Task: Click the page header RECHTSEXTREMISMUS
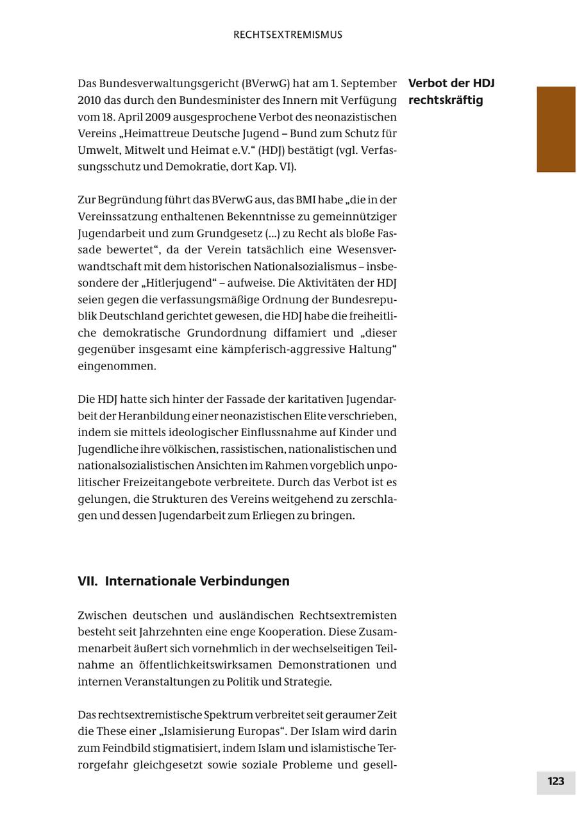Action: coord(288,35)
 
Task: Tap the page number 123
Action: coord(556,781)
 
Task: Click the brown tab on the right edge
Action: coord(556,129)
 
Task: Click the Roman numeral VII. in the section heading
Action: coord(88,581)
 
